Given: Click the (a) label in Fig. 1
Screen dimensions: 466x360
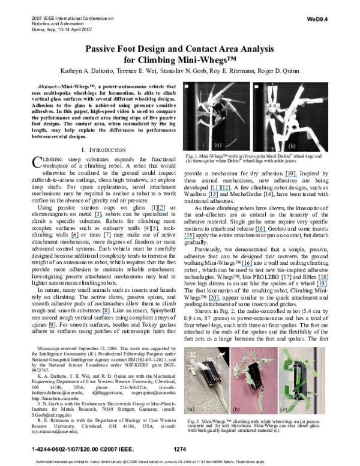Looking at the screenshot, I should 218,145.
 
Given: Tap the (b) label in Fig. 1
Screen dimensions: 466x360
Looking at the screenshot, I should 292,145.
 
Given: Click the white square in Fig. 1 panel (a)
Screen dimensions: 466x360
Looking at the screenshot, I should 187,86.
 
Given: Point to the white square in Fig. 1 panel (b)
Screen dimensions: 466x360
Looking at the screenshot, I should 256,86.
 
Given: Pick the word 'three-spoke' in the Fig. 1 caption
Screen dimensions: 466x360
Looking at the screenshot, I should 205,161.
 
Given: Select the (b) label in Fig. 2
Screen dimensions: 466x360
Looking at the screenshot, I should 237,408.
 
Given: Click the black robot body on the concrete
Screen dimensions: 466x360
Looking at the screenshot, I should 212,374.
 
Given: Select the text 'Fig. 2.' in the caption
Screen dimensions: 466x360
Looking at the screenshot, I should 193,422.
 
